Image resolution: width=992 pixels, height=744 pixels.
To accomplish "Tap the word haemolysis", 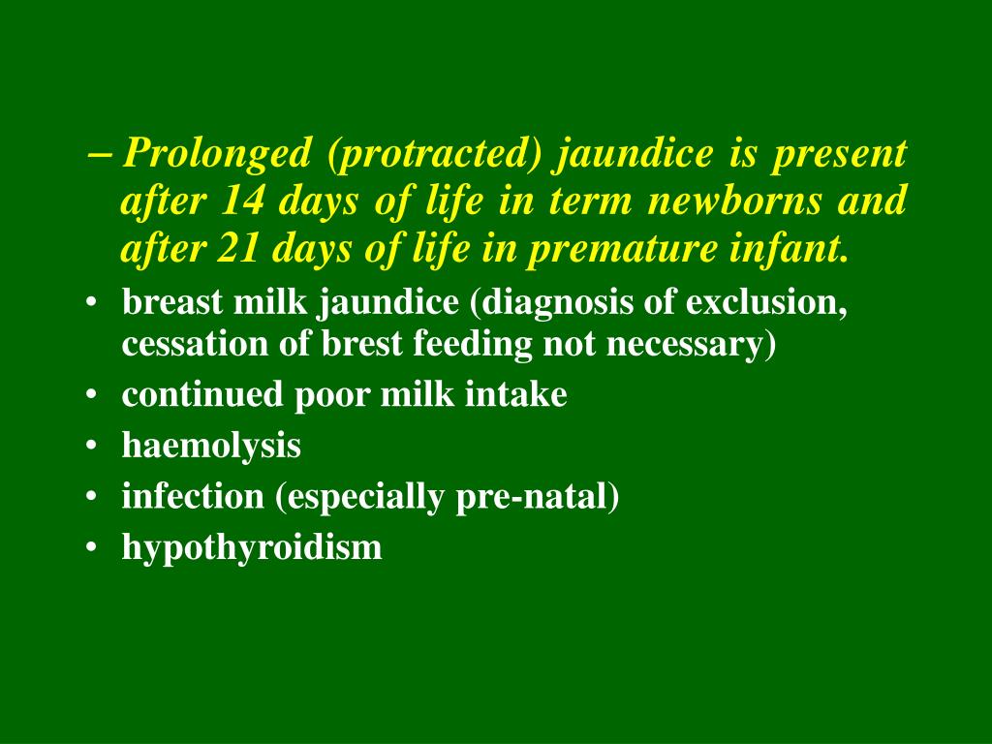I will (211, 446).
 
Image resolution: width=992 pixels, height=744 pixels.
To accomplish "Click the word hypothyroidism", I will (252, 547).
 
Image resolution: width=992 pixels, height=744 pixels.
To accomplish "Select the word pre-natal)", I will (562, 497).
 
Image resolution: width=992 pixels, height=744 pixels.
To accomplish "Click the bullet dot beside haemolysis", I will (91, 447).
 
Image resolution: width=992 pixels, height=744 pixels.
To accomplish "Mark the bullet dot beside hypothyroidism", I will (91, 548).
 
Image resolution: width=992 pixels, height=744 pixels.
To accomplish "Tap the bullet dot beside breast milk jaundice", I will (91, 304).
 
